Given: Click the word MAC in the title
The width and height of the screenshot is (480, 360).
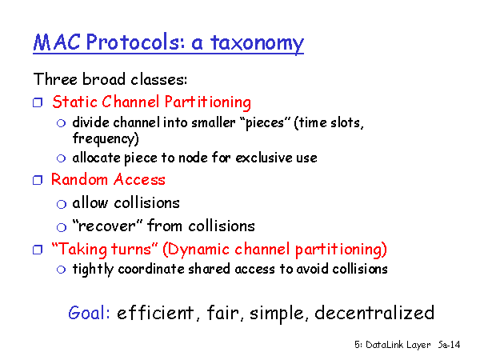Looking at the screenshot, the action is tap(57, 42).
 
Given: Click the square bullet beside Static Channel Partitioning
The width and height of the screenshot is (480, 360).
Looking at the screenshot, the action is tap(38, 102).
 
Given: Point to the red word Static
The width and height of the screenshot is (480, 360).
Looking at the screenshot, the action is tap(75, 102).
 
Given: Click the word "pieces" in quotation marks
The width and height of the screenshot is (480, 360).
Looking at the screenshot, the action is tap(265, 123).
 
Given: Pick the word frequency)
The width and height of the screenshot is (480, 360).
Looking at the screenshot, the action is tap(106, 138).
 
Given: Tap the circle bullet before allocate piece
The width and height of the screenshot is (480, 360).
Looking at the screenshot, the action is tap(62, 158).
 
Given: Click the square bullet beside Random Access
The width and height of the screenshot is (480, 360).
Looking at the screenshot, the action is tap(38, 180).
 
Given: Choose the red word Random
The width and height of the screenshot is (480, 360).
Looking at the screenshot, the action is tap(79, 179).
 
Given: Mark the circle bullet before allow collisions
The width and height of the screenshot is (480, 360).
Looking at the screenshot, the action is tap(62, 204).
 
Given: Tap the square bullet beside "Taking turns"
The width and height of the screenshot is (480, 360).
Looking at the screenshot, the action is tap(38, 250).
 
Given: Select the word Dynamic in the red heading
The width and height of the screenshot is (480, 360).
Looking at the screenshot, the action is tap(196, 250).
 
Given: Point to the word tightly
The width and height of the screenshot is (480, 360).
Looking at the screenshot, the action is tap(93, 270).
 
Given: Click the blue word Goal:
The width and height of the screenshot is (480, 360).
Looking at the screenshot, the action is tap(89, 313).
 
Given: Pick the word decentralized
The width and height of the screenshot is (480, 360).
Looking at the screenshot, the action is tap(374, 313).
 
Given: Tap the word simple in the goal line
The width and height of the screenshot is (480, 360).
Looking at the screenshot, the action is tap(277, 314).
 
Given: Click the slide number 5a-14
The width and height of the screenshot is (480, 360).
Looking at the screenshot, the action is tap(449, 345).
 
